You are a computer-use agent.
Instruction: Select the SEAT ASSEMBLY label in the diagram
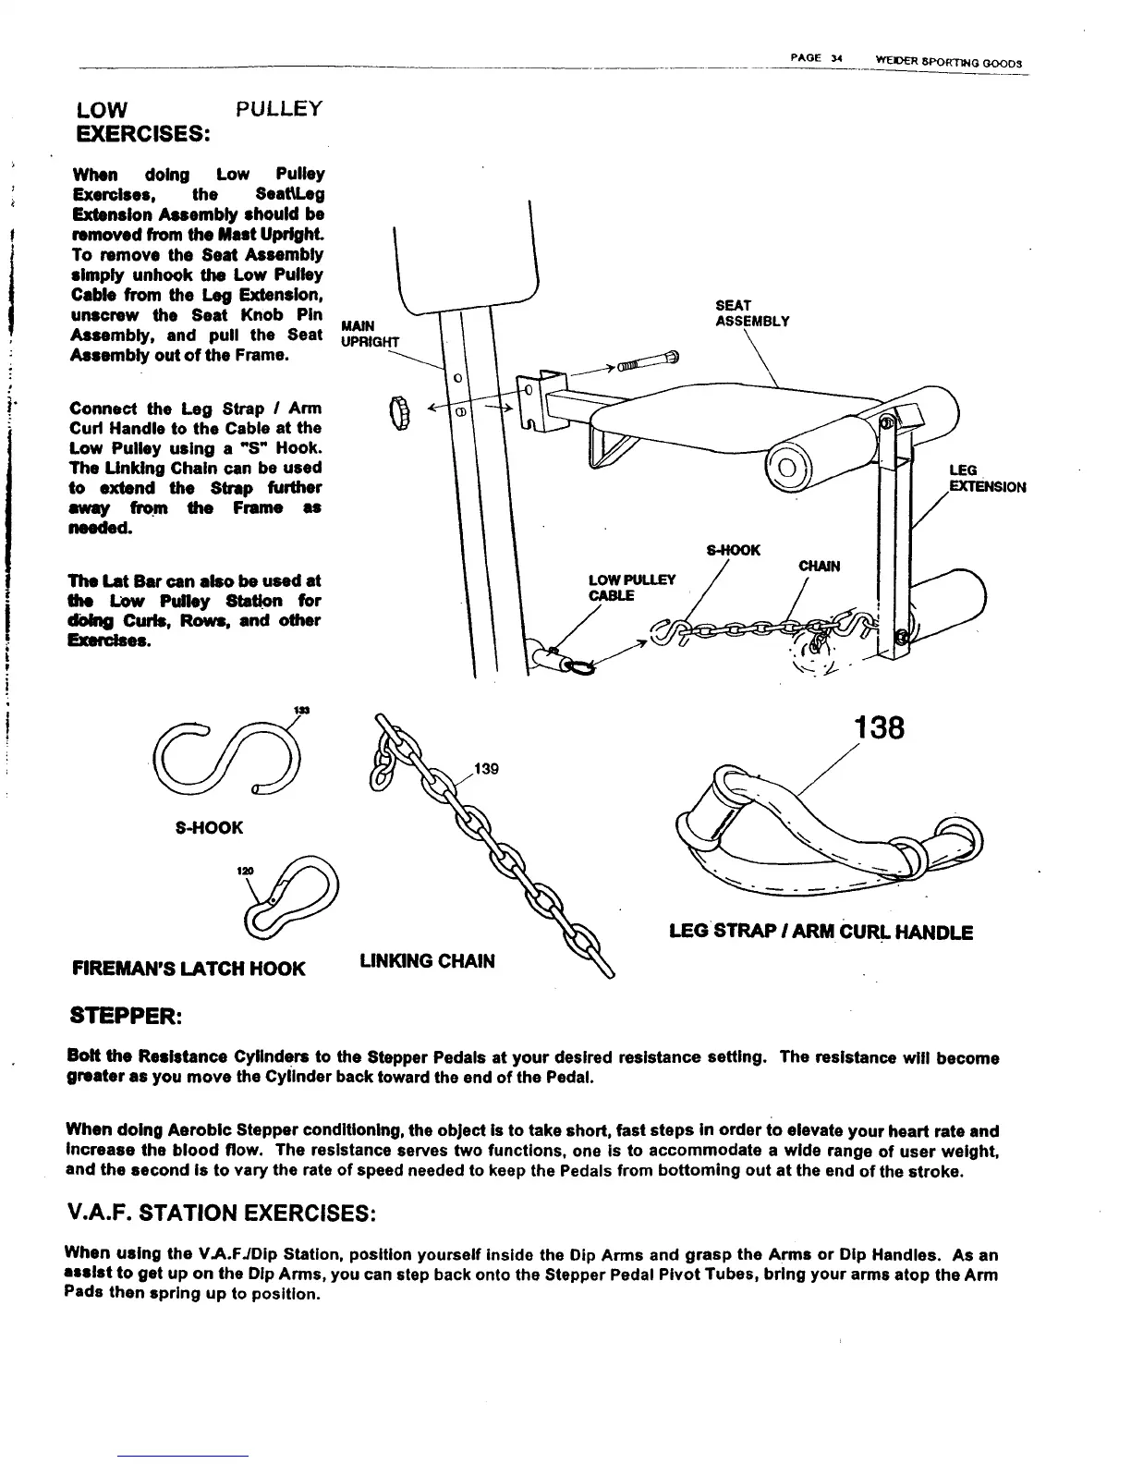click(752, 313)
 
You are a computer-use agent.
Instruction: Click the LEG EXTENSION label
click(987, 479)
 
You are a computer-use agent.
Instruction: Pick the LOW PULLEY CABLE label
click(632, 588)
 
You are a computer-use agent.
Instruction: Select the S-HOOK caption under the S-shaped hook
click(209, 827)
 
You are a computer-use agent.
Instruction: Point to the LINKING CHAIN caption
click(426, 961)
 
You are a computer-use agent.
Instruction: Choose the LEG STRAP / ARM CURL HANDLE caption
click(821, 933)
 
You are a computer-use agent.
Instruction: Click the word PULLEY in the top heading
click(278, 109)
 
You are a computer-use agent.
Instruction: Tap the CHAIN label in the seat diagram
click(819, 566)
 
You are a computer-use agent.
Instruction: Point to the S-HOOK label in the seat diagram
click(733, 551)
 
